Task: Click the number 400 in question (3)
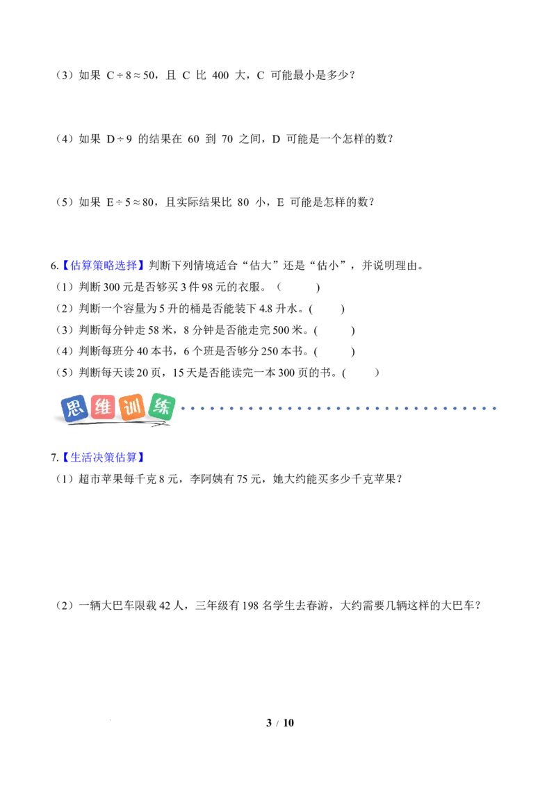tap(220, 75)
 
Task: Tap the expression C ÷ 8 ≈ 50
tap(131, 75)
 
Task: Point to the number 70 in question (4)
tap(227, 139)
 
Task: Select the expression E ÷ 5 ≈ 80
tap(130, 202)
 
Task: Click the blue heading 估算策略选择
tap(104, 266)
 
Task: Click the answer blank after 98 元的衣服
tap(298, 288)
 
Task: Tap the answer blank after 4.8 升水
tap(327, 309)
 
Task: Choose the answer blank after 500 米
tap(335, 331)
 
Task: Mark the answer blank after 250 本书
tap(335, 352)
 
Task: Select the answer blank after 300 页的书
tap(361, 373)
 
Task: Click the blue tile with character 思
tap(74, 407)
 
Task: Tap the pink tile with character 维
tap(103, 407)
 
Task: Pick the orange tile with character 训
tap(132, 407)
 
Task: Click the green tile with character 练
tap(161, 406)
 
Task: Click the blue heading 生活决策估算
tap(104, 457)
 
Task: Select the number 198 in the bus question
tap(250, 606)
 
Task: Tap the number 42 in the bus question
tap(165, 606)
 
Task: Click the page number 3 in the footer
tap(269, 723)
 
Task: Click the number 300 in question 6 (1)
tap(112, 288)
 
